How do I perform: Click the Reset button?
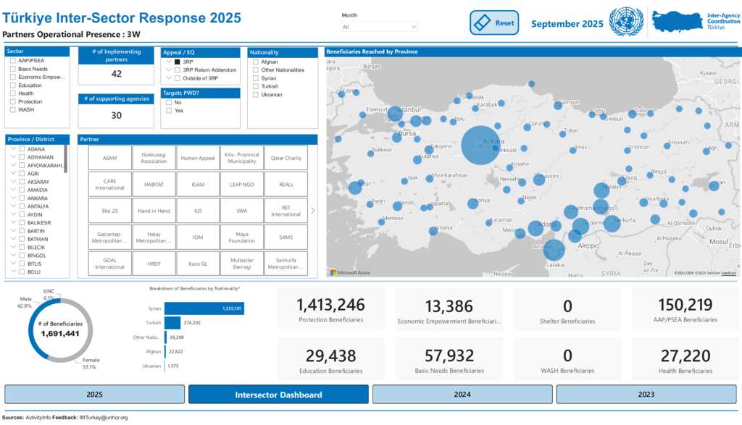(495, 22)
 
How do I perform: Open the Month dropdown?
(380, 27)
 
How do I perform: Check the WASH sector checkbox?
(13, 109)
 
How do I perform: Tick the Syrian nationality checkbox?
(256, 78)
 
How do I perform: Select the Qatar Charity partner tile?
(286, 158)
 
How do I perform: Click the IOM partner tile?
(197, 237)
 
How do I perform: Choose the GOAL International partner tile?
(110, 264)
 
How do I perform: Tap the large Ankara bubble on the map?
(480, 146)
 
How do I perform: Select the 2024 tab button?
(462, 395)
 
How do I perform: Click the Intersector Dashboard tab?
(278, 395)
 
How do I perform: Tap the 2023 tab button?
(646, 395)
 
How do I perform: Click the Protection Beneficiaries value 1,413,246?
(331, 306)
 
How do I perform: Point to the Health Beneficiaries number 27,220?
(685, 356)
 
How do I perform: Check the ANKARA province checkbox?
(22, 198)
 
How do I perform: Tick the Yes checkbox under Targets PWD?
(169, 111)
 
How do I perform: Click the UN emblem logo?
(626, 22)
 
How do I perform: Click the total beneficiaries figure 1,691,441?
(51, 334)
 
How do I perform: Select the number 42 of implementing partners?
(116, 74)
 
